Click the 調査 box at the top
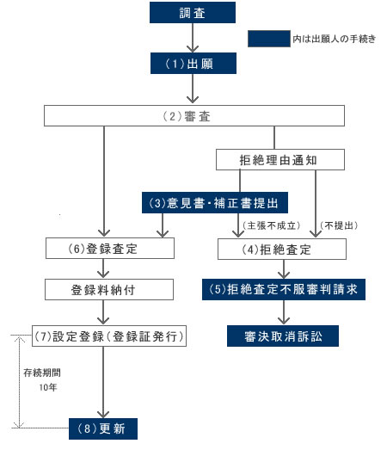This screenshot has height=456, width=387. pyautogui.click(x=193, y=13)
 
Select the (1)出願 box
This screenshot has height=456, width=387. pyautogui.click(x=193, y=63)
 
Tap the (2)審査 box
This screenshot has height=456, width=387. pyautogui.click(x=194, y=116)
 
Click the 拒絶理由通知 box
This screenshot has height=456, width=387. pyautogui.click(x=280, y=160)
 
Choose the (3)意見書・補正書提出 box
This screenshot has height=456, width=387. pyautogui.click(x=215, y=203)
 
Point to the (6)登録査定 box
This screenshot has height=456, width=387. pyautogui.click(x=110, y=249)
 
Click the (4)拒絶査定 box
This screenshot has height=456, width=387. pyautogui.click(x=282, y=250)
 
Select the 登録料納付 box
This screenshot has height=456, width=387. pyautogui.click(x=109, y=290)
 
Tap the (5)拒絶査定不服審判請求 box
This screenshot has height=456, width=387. pyautogui.click(x=284, y=290)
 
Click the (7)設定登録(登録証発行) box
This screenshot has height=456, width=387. pyautogui.click(x=109, y=336)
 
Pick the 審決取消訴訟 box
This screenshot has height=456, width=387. pyautogui.click(x=283, y=336)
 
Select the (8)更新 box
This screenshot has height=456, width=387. pyautogui.click(x=103, y=429)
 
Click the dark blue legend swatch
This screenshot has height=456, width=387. pyautogui.click(x=269, y=39)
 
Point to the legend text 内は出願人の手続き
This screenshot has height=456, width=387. pyautogui.click(x=335, y=39)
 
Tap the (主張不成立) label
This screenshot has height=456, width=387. pyautogui.click(x=272, y=225)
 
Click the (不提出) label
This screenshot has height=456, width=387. pyautogui.click(x=339, y=225)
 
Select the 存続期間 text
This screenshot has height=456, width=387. pyautogui.click(x=42, y=373)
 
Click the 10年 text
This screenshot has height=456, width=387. pyautogui.click(x=48, y=387)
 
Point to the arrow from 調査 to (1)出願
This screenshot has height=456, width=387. pyautogui.click(x=193, y=38)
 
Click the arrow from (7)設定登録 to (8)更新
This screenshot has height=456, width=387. pyautogui.click(x=103, y=382)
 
